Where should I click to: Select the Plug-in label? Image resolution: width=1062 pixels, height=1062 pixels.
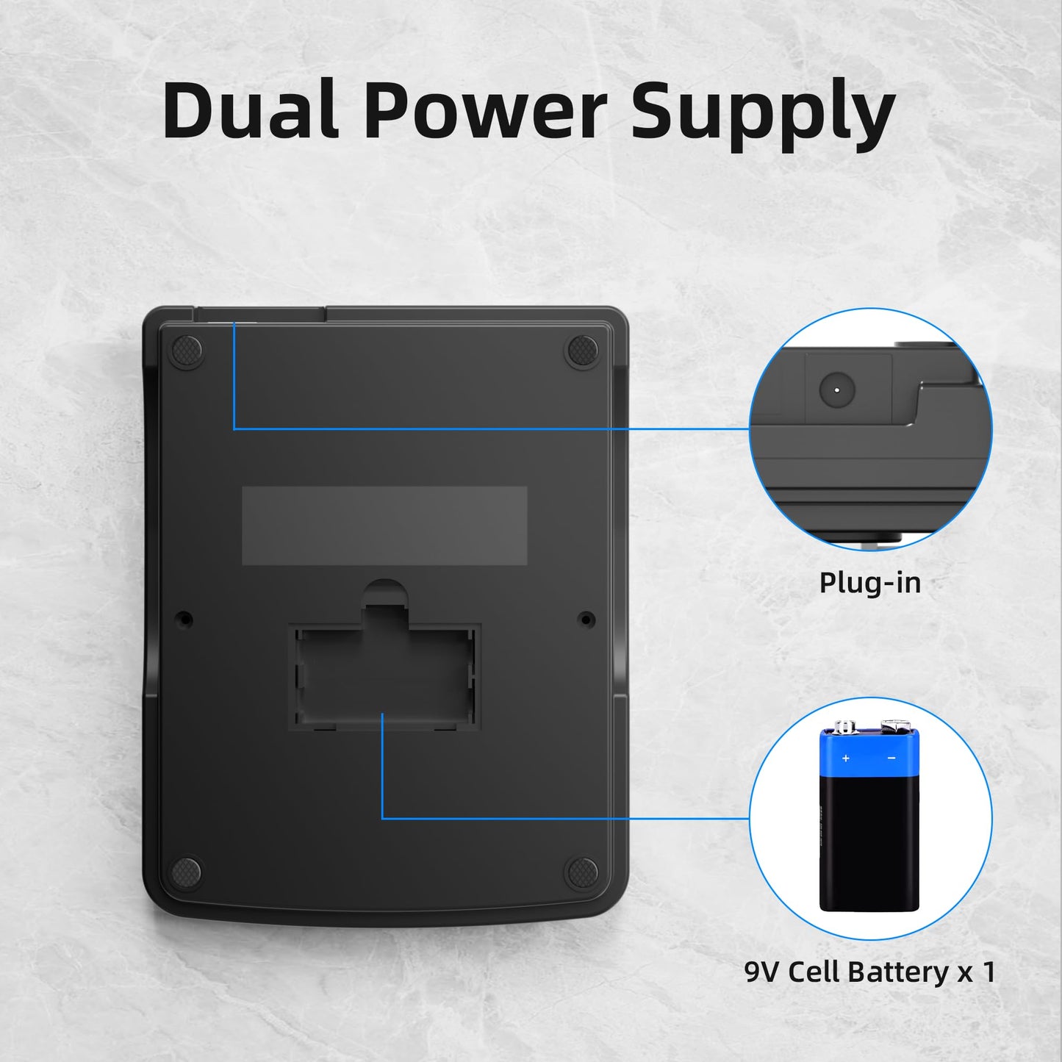click(869, 583)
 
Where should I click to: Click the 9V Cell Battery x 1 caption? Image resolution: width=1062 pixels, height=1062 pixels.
click(870, 971)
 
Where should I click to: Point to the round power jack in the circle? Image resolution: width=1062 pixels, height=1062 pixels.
click(837, 390)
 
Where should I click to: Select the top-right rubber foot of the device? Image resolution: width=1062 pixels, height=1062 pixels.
click(583, 351)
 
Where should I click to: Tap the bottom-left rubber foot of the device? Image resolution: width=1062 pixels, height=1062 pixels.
click(187, 872)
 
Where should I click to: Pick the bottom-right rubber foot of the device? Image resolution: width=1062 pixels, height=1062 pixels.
click(581, 872)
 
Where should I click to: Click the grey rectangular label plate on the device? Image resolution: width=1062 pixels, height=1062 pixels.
click(384, 525)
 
